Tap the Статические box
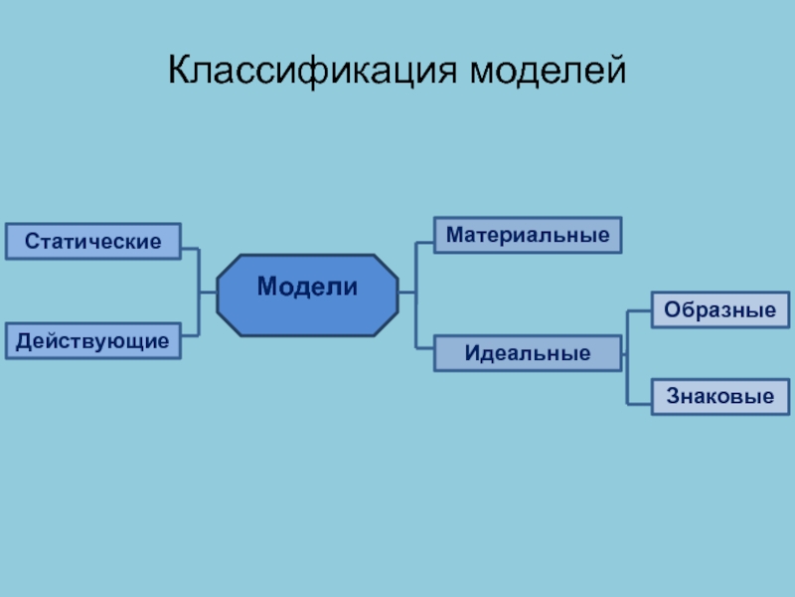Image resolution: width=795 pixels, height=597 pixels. click(93, 242)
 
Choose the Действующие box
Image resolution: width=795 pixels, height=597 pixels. click(92, 340)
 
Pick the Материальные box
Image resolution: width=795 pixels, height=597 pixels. click(527, 236)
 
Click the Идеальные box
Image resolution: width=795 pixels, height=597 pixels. click(527, 353)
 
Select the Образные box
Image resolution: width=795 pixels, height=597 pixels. click(719, 309)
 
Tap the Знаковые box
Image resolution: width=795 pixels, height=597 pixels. click(719, 397)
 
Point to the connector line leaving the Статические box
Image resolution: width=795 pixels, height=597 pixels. click(190, 248)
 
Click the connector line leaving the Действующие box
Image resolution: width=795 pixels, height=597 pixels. click(190, 334)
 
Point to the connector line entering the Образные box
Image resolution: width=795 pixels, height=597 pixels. click(639, 311)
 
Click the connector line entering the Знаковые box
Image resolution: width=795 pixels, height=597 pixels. click(639, 402)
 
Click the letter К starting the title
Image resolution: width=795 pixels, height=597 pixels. click(178, 71)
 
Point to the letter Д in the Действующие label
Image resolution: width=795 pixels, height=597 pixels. click(23, 341)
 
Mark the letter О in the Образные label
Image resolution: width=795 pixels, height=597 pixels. click(672, 309)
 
